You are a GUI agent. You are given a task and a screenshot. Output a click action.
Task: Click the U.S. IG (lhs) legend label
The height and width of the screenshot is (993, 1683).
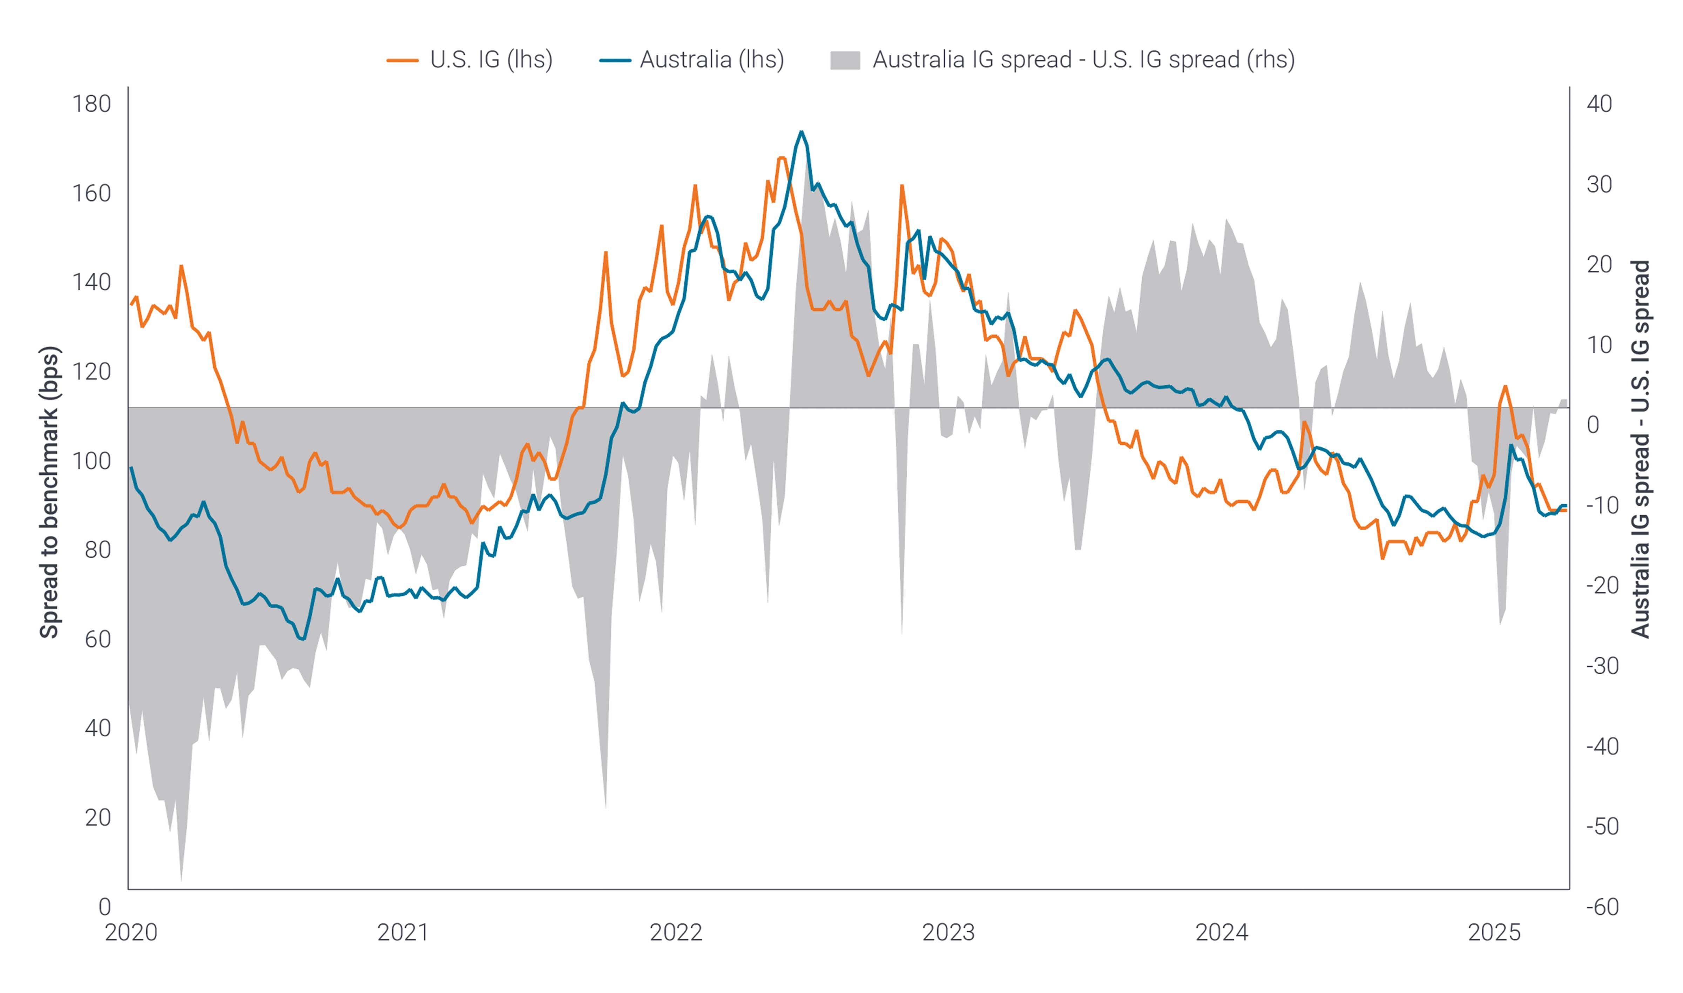coord(491,60)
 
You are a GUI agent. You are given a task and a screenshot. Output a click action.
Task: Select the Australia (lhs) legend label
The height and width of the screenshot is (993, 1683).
coord(712,60)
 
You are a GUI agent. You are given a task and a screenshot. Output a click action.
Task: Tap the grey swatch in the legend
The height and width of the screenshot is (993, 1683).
coord(845,60)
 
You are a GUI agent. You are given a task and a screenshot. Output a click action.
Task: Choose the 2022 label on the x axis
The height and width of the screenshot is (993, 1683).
coord(676,932)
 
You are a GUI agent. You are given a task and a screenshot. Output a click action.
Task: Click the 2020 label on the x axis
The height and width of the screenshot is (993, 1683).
coord(131,932)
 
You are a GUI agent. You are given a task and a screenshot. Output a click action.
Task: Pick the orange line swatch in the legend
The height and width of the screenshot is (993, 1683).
coord(403,60)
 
